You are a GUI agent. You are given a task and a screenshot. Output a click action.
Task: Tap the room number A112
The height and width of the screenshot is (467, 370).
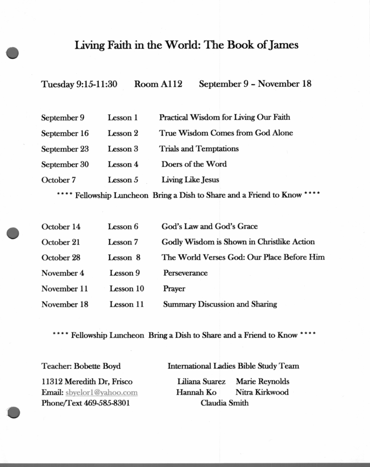171,84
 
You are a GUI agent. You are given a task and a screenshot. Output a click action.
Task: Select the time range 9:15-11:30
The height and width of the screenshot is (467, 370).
96,84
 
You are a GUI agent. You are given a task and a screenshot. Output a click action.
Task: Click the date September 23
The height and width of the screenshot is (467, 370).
65,149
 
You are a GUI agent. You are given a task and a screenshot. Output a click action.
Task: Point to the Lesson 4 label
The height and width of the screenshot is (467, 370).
123,164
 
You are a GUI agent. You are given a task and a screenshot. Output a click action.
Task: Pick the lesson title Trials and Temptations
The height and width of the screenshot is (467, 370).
199,149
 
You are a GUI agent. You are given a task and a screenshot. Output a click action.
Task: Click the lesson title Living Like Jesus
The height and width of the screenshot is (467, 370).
190,180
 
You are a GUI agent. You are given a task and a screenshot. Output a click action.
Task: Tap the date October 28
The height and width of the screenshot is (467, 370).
61,257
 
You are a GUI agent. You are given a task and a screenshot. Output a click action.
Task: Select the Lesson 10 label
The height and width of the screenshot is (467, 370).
127,288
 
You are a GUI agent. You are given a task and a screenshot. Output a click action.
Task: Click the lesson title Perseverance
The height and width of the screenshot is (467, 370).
185,273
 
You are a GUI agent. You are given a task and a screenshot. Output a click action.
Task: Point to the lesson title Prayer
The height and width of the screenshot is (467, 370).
174,288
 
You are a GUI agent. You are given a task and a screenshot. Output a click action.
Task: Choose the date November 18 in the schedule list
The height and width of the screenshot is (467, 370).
65,304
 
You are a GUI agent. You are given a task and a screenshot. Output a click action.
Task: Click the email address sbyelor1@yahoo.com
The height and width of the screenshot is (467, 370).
101,392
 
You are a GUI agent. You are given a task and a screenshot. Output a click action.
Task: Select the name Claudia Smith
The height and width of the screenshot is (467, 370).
224,403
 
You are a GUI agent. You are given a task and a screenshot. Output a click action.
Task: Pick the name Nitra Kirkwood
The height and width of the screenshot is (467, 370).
262,392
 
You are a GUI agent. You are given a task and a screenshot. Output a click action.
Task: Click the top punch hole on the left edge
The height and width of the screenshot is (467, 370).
13,52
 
